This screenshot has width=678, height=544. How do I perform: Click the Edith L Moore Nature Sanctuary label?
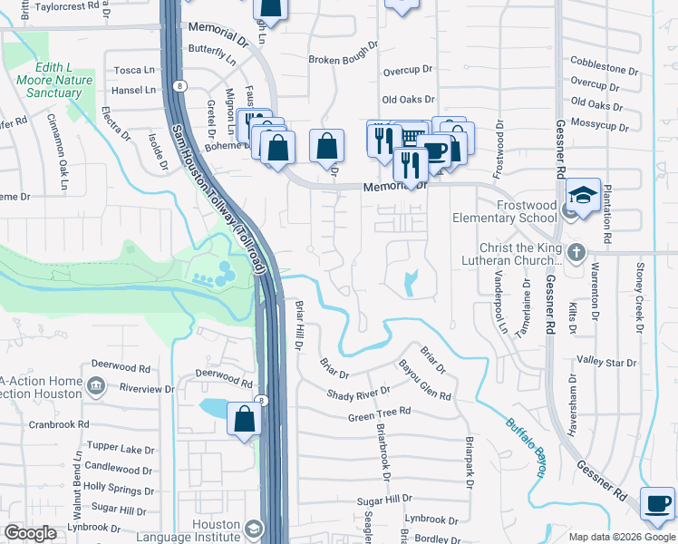pos(53,81)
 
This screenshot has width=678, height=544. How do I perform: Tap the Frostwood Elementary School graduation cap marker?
pos(583,196)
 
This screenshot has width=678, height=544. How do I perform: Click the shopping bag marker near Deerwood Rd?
pos(244,421)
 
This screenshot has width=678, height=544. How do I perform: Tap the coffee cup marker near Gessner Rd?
pos(657,503)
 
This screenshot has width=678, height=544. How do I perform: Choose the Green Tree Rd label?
pos(379,413)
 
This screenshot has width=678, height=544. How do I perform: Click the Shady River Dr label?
pos(358,392)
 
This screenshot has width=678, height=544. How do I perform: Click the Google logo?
pos(30,533)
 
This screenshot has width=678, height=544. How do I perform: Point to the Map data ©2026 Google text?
pos(621,537)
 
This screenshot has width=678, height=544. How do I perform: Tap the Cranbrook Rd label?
pos(59,423)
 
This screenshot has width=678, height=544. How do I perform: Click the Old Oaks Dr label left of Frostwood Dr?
pos(408,100)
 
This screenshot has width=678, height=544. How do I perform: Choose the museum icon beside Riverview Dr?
pos(95,389)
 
